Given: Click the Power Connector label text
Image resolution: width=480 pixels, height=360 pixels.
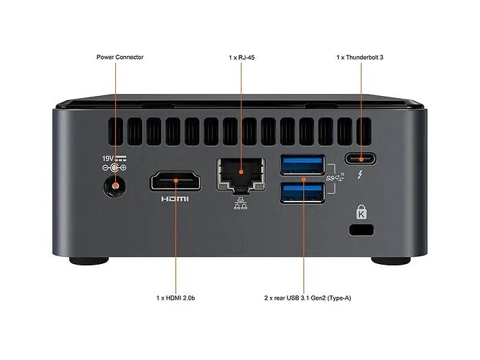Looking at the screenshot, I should pyautogui.click(x=120, y=57).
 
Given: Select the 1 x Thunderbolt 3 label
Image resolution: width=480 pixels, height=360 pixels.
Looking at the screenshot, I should pyautogui.click(x=359, y=57).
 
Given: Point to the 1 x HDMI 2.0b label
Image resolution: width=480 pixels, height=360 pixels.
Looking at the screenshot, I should pyautogui.click(x=176, y=298).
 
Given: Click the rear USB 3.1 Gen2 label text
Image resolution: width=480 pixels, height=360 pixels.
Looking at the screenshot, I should pyautogui.click(x=302, y=298).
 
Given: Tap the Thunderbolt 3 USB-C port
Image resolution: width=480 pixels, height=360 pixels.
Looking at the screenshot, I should pyautogui.click(x=359, y=158).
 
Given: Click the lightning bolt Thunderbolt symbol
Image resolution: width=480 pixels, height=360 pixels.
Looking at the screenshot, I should pyautogui.click(x=360, y=173).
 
